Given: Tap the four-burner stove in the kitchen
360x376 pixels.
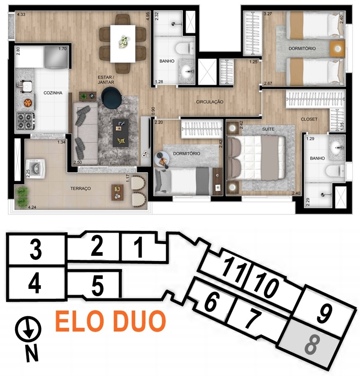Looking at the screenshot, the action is tap(25, 121).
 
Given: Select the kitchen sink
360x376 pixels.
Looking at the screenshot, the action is tap(26, 87).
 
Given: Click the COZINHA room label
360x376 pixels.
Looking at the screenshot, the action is tap(53, 93).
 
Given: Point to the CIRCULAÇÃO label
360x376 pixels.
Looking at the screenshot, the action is tap(210, 102).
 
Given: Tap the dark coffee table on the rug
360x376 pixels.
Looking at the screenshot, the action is tap(120, 133).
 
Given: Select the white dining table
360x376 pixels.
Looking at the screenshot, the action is tap(123, 44).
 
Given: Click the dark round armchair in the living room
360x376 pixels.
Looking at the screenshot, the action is tap(111, 98).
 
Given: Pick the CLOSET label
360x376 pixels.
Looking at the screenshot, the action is tap(309, 119).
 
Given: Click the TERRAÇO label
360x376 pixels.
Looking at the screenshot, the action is tap(80, 189).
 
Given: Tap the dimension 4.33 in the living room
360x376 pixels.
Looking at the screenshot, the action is tap(21, 14).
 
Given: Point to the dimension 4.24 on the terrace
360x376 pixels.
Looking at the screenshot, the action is tap(32, 207).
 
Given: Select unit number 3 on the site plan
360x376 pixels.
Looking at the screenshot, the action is tap(36, 250).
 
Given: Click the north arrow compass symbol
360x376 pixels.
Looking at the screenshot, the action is tap(28, 328).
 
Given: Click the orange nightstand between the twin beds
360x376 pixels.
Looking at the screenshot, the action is tap(337, 49).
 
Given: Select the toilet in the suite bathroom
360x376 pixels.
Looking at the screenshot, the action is tap(335, 171).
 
